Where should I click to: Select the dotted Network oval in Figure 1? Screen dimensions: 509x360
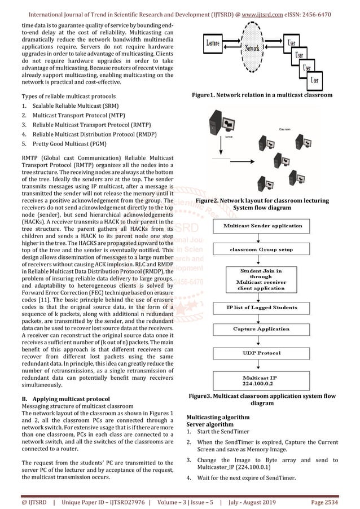(x=252, y=49)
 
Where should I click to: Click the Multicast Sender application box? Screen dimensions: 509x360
(x=262, y=225)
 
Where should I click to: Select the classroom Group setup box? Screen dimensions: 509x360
(x=262, y=249)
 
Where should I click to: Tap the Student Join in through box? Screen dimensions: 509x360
(x=262, y=279)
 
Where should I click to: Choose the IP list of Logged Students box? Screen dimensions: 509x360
(x=262, y=308)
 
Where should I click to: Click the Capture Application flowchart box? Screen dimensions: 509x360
(x=262, y=329)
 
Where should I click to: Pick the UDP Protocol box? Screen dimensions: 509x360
(x=262, y=353)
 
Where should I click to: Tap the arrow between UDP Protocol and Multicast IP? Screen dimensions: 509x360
(x=262, y=366)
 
